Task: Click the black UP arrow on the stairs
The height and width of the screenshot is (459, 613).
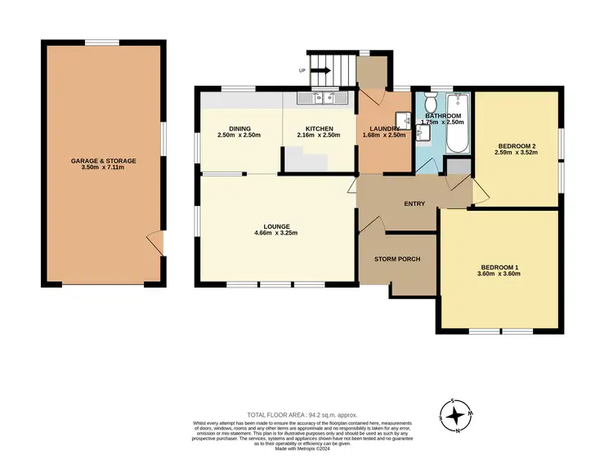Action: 320,71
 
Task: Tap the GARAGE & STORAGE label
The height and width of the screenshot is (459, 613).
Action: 103,161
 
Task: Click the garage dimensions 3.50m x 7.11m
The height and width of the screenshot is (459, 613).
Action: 103,168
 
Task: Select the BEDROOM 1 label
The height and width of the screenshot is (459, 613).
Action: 500,267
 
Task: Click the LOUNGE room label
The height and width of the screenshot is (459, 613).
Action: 277,226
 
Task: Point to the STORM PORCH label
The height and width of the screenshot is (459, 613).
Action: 397,259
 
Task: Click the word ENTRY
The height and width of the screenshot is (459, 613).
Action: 414,203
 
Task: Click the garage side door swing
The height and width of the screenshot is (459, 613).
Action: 154,242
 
